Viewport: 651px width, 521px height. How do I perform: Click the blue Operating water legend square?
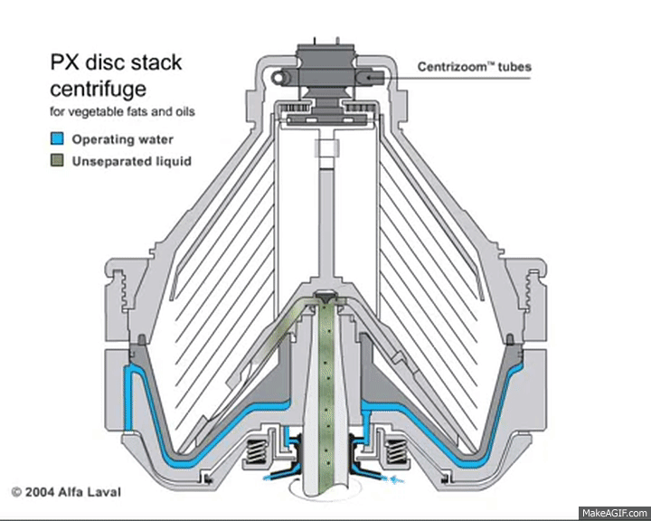pyautogui.click(x=57, y=138)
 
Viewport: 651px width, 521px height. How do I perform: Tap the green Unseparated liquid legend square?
pyautogui.click(x=57, y=160)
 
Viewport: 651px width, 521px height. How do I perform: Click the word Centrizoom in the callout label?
pyautogui.click(x=453, y=67)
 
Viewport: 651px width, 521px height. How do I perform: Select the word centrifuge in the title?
pyautogui.click(x=99, y=89)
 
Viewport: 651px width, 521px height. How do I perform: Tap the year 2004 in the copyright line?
pyautogui.click(x=40, y=492)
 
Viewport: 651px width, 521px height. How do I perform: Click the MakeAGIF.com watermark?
pyautogui.click(x=615, y=514)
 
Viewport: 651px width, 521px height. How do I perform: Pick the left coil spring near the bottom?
pyautogui.click(x=256, y=451)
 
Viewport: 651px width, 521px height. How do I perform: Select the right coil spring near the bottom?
pyautogui.click(x=396, y=451)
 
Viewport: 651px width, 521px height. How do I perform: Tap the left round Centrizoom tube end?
pyautogui.click(x=278, y=77)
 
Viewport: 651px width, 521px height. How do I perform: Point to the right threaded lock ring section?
pyautogui.click(x=533, y=291)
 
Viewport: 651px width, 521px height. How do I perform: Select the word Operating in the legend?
pyautogui.click(x=102, y=139)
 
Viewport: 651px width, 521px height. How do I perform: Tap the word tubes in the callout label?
pyautogui.click(x=514, y=67)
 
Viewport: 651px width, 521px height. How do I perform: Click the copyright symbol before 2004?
pyautogui.click(x=16, y=492)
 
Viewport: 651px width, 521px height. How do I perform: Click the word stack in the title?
pyautogui.click(x=156, y=62)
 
